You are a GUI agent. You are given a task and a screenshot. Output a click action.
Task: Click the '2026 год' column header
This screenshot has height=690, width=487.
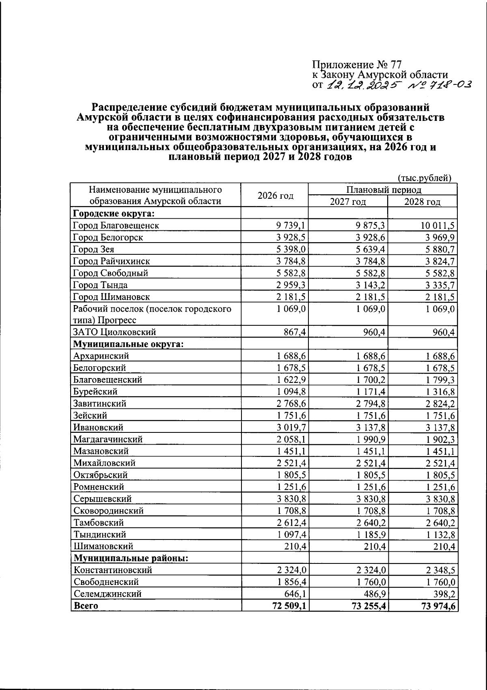point(275,196)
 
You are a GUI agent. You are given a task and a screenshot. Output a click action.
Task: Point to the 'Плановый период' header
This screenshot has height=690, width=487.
point(383,189)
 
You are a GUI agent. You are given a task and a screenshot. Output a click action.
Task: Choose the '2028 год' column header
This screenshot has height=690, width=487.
point(422,202)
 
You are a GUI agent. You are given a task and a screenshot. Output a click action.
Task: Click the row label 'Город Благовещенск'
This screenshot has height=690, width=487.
point(116,226)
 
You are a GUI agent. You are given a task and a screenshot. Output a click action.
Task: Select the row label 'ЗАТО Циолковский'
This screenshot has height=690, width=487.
point(114,332)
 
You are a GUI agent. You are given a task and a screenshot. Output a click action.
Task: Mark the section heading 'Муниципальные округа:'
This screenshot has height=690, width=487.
point(129,344)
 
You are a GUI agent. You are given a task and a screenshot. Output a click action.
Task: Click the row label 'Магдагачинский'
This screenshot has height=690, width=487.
point(108,439)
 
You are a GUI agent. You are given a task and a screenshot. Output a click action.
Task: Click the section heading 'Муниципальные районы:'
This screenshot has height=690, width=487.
point(130,558)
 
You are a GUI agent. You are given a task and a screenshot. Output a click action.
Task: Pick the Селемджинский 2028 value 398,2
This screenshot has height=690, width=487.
point(444,594)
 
